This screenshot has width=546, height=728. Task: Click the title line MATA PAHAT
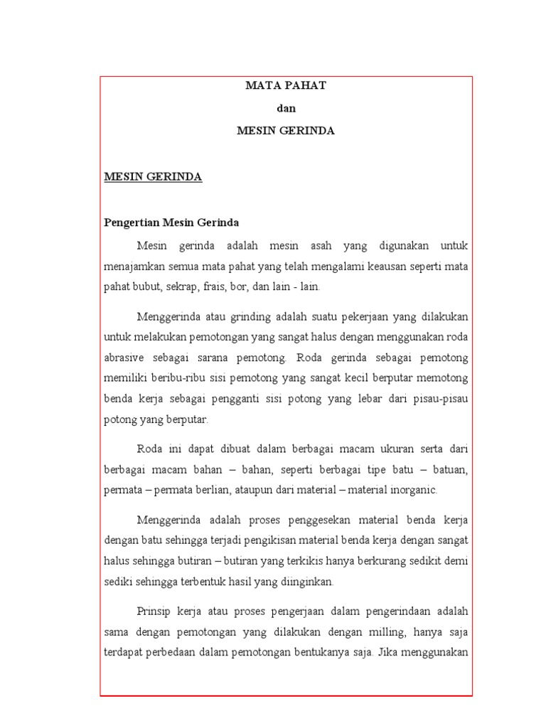[286, 85]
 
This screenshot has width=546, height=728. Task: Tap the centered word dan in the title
[286, 108]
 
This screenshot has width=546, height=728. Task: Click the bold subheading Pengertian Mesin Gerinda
[171, 223]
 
